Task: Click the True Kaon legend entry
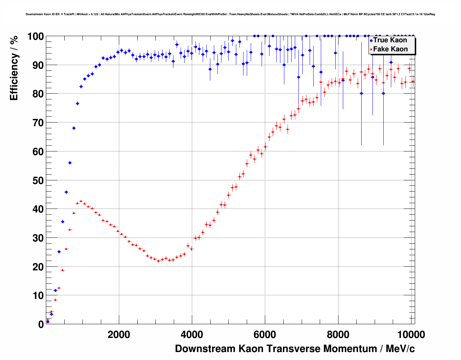pyautogui.click(x=390, y=40)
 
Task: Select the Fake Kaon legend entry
pyautogui.click(x=390, y=49)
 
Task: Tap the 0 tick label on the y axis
pyautogui.click(x=40, y=324)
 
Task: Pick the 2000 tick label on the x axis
pyautogui.click(x=119, y=335)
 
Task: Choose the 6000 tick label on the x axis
pyautogui.click(x=265, y=335)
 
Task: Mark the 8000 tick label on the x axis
pyautogui.click(x=338, y=335)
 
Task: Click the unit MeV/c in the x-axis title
pyautogui.click(x=400, y=349)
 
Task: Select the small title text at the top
pyautogui.click(x=230, y=14)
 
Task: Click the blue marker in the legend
pyautogui.click(x=371, y=40)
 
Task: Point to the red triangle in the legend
pyautogui.click(x=371, y=50)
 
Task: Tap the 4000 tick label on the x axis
pyautogui.click(x=192, y=335)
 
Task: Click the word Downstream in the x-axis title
pyautogui.click(x=205, y=349)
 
